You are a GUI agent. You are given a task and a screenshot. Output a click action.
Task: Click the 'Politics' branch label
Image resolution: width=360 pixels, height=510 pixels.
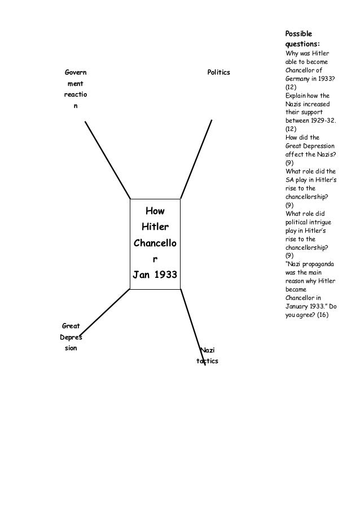pyautogui.click(x=219, y=73)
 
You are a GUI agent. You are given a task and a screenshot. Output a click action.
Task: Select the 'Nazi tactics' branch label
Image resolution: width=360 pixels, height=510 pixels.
pyautogui.click(x=207, y=356)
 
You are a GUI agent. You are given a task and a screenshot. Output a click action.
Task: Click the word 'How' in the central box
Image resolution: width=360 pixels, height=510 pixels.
pyautogui.click(x=155, y=211)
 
